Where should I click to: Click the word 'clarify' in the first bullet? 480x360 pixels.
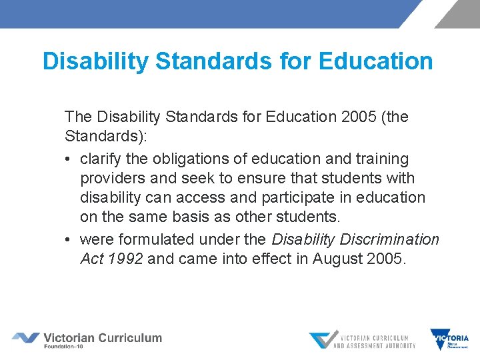(100, 159)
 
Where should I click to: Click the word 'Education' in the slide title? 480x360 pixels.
(377, 61)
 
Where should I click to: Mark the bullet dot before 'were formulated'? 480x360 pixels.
(69, 239)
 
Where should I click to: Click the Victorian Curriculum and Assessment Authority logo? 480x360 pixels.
(363, 339)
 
